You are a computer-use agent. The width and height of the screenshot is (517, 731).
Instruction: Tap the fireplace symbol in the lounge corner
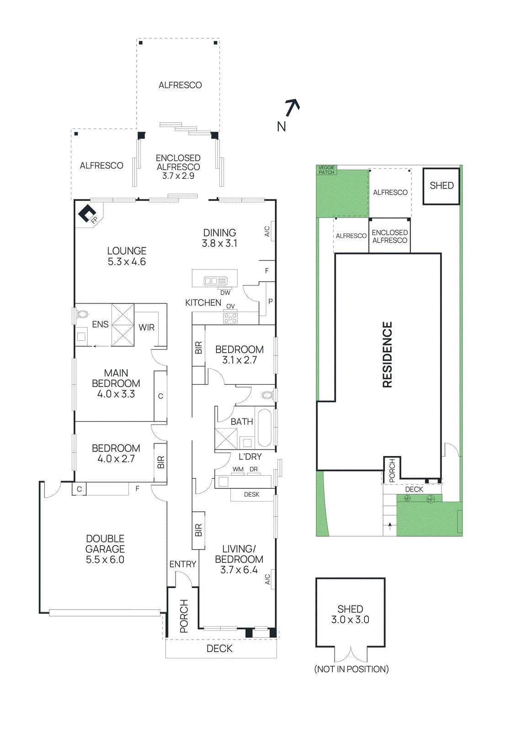click(x=87, y=214)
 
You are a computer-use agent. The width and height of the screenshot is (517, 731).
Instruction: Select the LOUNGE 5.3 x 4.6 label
click(x=127, y=256)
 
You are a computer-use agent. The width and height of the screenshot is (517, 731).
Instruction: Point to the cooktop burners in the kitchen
click(x=230, y=318)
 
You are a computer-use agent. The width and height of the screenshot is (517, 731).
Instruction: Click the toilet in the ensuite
click(x=82, y=315)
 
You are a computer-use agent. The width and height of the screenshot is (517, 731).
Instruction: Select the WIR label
click(x=146, y=328)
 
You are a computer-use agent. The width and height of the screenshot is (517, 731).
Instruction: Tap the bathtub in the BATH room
click(x=265, y=428)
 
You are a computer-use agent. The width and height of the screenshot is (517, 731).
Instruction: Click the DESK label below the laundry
click(x=251, y=494)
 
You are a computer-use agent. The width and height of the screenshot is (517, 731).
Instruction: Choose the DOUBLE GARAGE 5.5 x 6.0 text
click(x=105, y=549)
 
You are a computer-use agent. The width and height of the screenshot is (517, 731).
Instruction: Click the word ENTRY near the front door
click(x=183, y=564)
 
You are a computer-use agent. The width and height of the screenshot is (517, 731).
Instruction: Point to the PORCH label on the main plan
click(x=184, y=616)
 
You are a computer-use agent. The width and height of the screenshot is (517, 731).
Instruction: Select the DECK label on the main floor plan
click(x=219, y=648)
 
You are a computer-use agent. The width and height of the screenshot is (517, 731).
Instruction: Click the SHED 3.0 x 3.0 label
click(x=350, y=614)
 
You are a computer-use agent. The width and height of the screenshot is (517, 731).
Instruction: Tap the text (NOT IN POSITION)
click(x=351, y=669)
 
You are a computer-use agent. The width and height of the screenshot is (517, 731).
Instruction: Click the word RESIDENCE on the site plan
click(x=387, y=355)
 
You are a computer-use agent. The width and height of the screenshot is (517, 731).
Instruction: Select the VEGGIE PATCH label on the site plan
click(x=326, y=170)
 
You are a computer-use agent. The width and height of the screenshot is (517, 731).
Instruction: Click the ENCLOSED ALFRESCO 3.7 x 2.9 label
click(x=178, y=167)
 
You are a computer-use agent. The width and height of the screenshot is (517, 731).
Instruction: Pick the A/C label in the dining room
click(x=267, y=232)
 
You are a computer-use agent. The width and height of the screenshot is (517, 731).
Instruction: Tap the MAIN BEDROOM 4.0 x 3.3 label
click(x=116, y=384)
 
